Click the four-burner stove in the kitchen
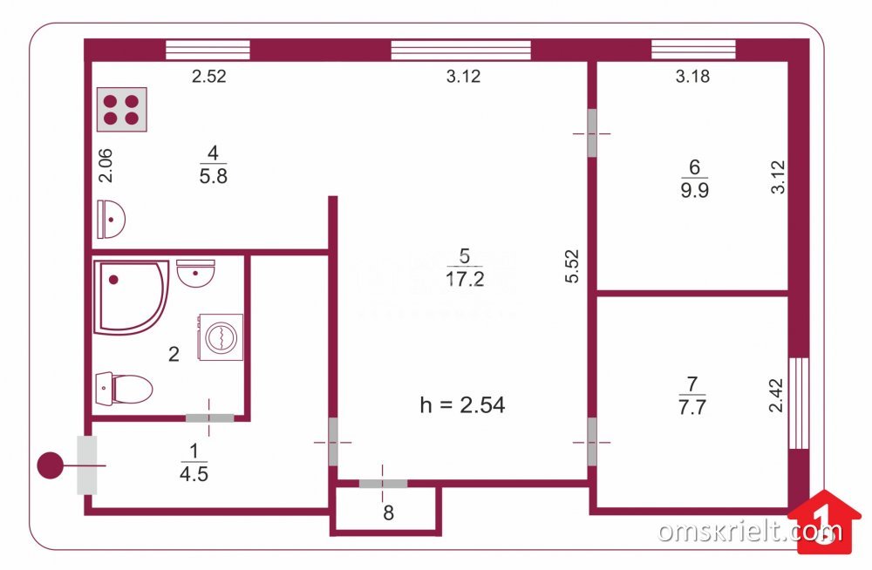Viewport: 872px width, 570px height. pyautogui.click(x=122, y=110)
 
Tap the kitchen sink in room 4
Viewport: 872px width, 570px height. pyautogui.click(x=112, y=219)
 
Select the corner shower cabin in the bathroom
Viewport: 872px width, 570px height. pyautogui.click(x=132, y=297)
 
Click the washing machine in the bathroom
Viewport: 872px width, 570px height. pyautogui.click(x=221, y=337)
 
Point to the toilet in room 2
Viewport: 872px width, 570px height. pyautogui.click(x=124, y=389)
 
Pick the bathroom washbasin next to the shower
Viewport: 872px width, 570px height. pyautogui.click(x=195, y=273)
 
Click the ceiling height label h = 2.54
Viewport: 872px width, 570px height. pyautogui.click(x=463, y=404)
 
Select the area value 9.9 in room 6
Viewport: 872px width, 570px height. pyautogui.click(x=695, y=190)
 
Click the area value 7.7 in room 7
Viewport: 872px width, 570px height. pyautogui.click(x=692, y=407)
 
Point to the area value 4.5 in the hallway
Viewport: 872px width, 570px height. pyautogui.click(x=194, y=474)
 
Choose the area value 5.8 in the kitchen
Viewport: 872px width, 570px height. pyautogui.click(x=213, y=176)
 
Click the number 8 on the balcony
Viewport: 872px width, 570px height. pyautogui.click(x=389, y=512)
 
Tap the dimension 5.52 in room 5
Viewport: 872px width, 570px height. pyautogui.click(x=572, y=267)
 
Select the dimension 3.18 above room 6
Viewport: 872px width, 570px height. pyautogui.click(x=692, y=76)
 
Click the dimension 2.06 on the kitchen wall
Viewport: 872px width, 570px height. pyautogui.click(x=106, y=166)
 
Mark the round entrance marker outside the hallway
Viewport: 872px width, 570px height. pyautogui.click(x=50, y=465)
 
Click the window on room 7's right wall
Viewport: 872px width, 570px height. pyautogui.click(x=799, y=404)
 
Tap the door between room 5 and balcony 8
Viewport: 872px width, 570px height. pyautogui.click(x=383, y=483)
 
